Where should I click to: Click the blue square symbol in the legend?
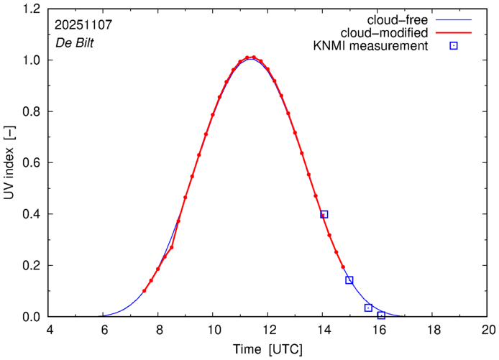[454, 47]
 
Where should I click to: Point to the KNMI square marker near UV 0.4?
[324, 214]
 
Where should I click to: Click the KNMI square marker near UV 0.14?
[349, 280]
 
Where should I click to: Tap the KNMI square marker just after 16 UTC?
[381, 315]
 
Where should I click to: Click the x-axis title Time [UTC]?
[268, 349]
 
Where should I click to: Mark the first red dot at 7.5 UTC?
[145, 291]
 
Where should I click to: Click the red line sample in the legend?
[454, 33]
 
